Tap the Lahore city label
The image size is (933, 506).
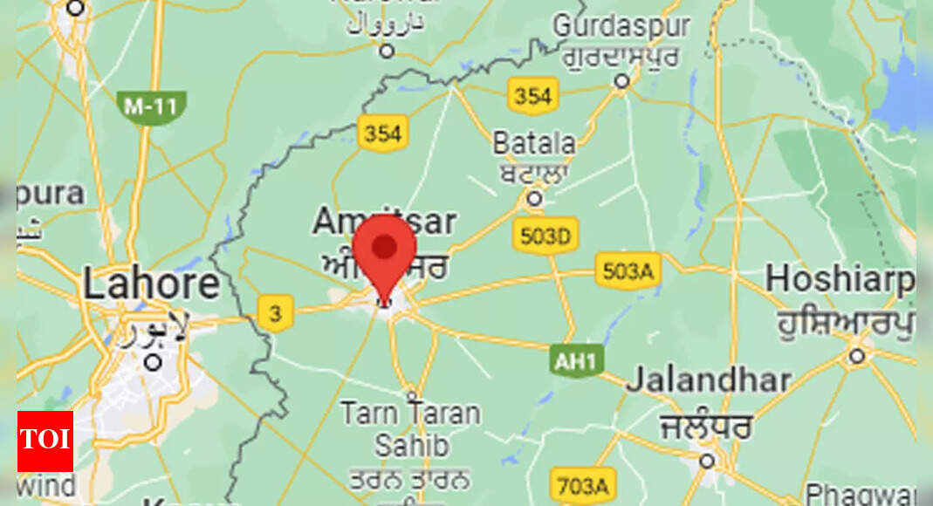pyautogui.click(x=151, y=284)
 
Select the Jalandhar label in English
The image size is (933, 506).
pyautogui.click(x=708, y=381)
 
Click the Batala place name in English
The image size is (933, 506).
pyautogui.click(x=534, y=143)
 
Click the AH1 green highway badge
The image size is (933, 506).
pyautogui.click(x=577, y=360)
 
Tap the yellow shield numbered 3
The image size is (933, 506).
pyautogui.click(x=276, y=313)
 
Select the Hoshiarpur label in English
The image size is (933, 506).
pyautogui.click(x=840, y=281)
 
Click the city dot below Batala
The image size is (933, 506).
pyautogui.click(x=534, y=200)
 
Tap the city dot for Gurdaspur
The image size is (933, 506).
pyautogui.click(x=621, y=81)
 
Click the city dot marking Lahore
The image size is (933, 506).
pyautogui.click(x=153, y=360)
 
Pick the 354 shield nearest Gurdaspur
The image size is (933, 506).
pyautogui.click(x=532, y=96)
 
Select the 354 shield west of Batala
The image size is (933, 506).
pyautogui.click(x=382, y=133)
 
